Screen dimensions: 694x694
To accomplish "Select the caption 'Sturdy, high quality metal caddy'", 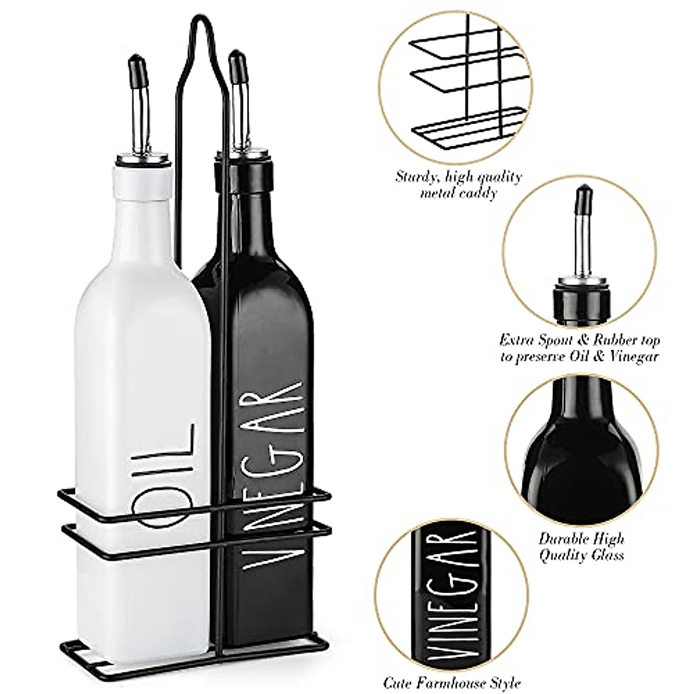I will [x=458, y=184].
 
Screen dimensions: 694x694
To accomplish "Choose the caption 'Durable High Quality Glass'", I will [x=581, y=547].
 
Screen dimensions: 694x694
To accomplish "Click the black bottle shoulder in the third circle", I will [x=578, y=440].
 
